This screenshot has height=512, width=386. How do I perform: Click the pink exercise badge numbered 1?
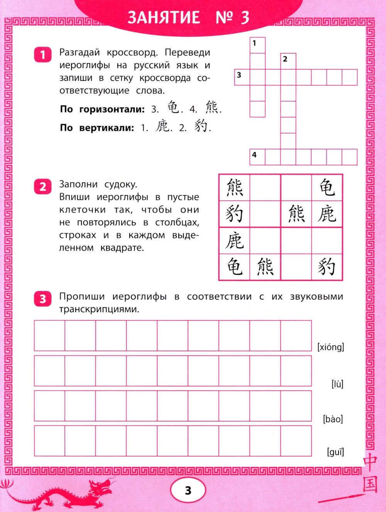[x=42, y=54]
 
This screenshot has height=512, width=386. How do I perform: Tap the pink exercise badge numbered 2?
[x=42, y=187]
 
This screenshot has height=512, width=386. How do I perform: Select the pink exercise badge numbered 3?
[x=42, y=298]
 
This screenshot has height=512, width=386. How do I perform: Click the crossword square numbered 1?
[x=257, y=45]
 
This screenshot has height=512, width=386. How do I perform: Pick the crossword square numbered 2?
[x=288, y=61]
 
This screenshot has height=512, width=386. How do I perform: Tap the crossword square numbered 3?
[x=242, y=77]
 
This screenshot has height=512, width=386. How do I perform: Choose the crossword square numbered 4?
[x=257, y=157]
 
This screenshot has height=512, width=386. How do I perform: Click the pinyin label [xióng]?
[x=330, y=347]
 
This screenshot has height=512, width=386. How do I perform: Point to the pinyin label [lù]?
[x=337, y=384]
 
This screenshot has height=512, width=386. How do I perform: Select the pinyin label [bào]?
[x=333, y=419]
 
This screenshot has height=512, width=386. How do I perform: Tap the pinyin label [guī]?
[x=335, y=452]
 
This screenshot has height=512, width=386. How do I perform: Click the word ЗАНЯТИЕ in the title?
[x=164, y=17]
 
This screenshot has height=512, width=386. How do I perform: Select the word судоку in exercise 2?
[x=120, y=184]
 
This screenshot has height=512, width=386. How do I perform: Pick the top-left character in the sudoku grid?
[x=234, y=187]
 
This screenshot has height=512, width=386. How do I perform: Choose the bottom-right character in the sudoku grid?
[x=327, y=267]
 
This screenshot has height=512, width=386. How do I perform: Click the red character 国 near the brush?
[x=370, y=484]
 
